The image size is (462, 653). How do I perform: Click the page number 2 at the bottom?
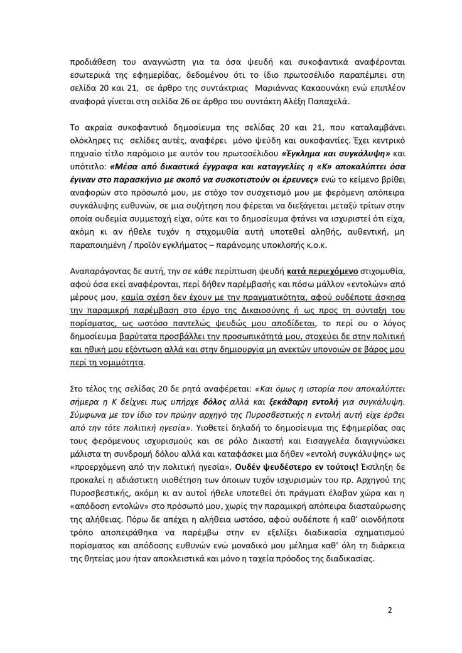tap(390, 608)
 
